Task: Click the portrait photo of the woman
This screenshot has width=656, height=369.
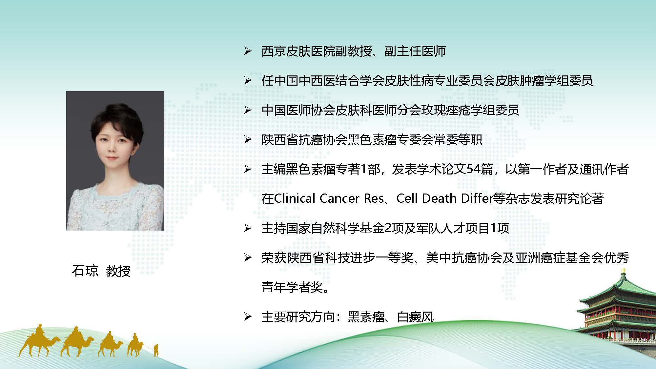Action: pyautogui.click(x=115, y=161)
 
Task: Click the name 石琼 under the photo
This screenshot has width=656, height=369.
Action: pyautogui.click(x=85, y=271)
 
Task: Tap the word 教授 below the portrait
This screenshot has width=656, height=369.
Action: pyautogui.click(x=118, y=271)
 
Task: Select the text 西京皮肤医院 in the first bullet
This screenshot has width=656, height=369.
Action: pyautogui.click(x=298, y=51)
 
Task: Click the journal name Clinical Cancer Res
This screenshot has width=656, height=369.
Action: pyautogui.click(x=329, y=198)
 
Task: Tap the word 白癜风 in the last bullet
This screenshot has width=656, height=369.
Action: pyautogui.click(x=416, y=317)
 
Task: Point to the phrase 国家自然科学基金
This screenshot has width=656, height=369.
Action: pyautogui.click(x=335, y=228)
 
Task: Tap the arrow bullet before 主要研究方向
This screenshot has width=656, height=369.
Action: pyautogui.click(x=248, y=317)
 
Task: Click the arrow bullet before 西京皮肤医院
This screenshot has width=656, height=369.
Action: pyautogui.click(x=248, y=51)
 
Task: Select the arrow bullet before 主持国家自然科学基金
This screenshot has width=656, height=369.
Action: pyautogui.click(x=248, y=228)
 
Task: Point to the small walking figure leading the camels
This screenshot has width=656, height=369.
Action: pyautogui.click(x=156, y=350)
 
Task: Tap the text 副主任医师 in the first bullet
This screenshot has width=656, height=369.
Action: pyautogui.click(x=415, y=51)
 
